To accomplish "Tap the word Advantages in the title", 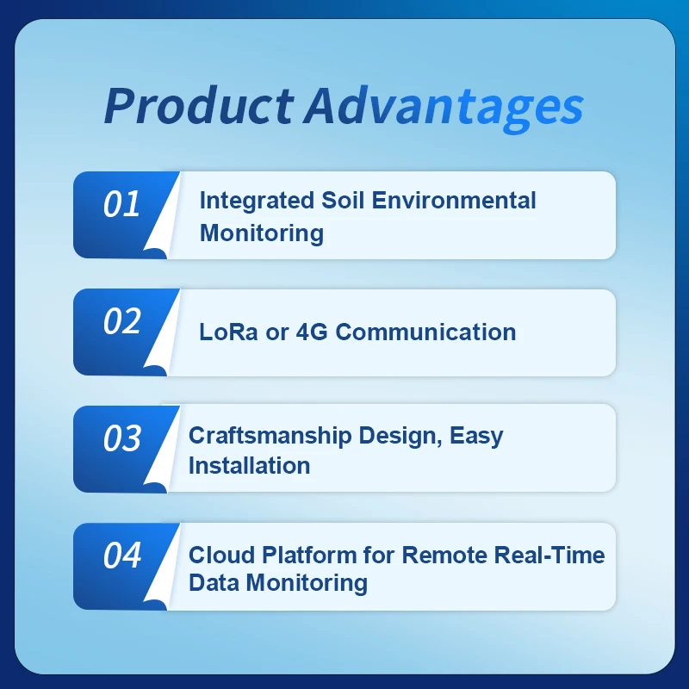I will pos(443,106).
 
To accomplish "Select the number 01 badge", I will pos(121,204).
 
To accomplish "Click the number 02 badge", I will pos(121,321).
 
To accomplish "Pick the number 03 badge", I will pos(121,438).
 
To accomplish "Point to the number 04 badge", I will pos(121,556).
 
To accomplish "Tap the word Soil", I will pos(343,201).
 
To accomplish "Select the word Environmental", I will pos(456,201).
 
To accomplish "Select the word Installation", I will pos(249,466).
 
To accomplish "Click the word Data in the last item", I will pos(214,583).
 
